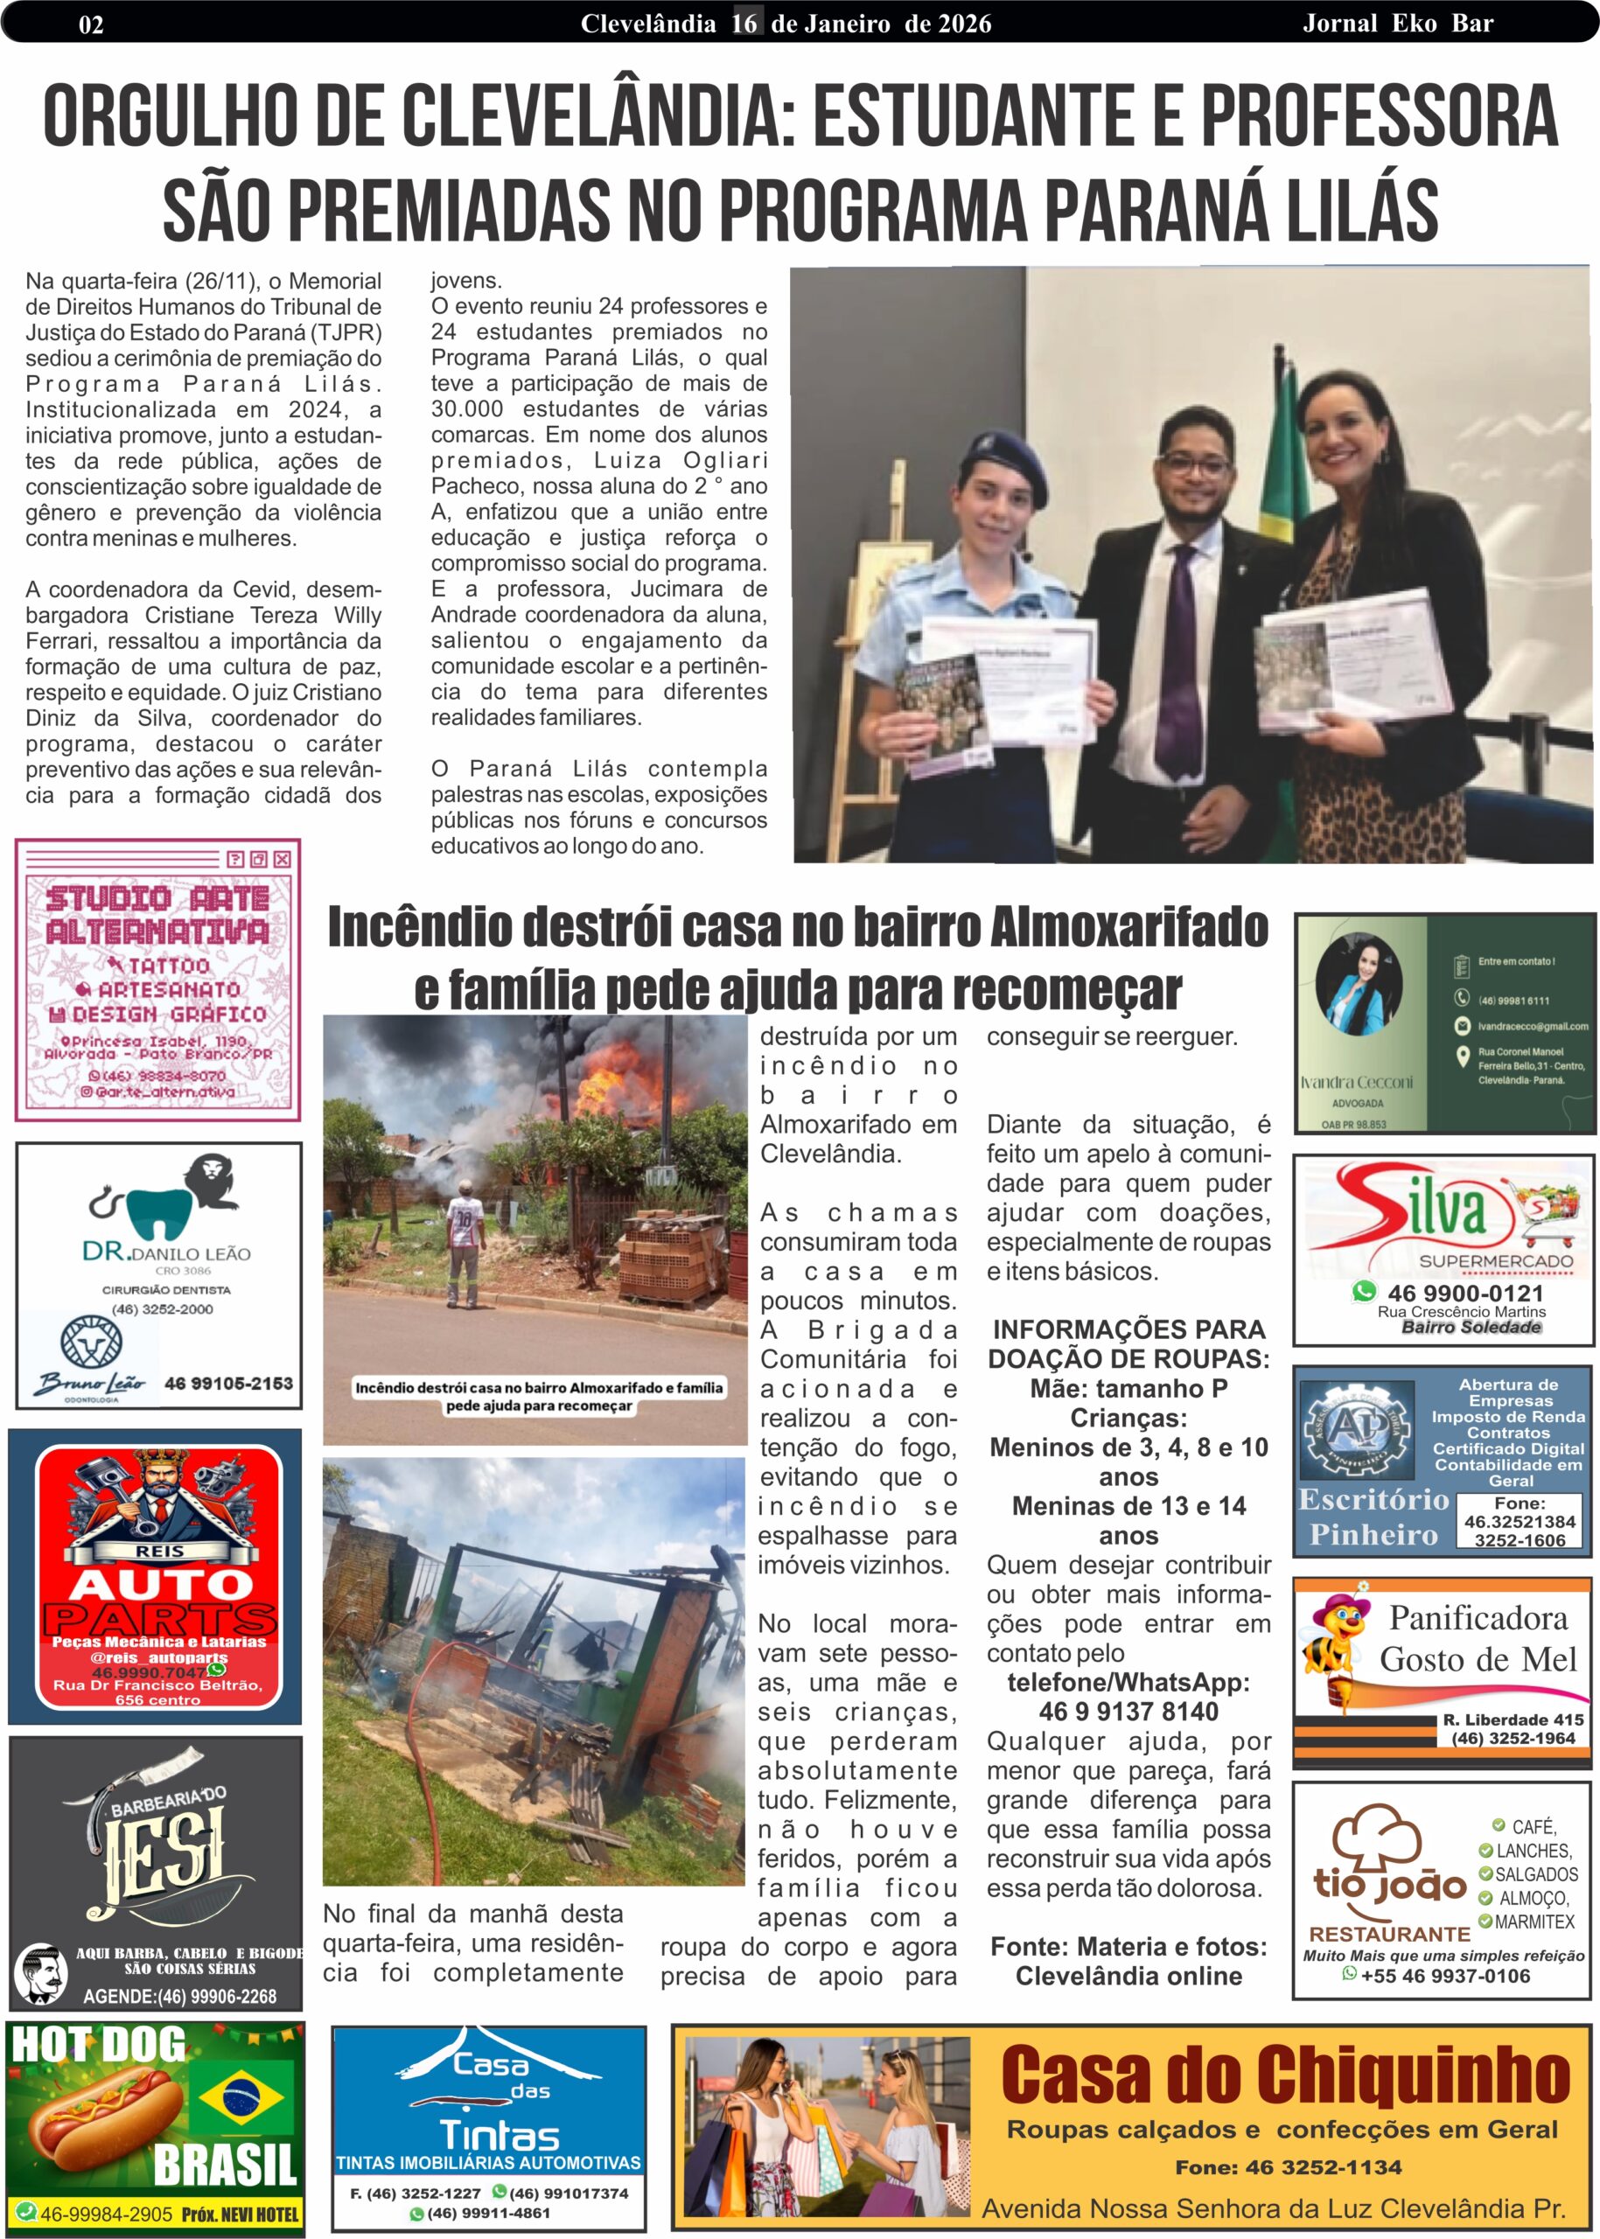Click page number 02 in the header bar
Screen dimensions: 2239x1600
click(91, 24)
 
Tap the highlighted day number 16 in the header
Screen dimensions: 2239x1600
click(744, 23)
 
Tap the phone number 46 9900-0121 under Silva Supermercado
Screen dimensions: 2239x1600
click(1465, 1294)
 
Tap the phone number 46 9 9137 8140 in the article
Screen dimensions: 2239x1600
click(1128, 1711)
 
